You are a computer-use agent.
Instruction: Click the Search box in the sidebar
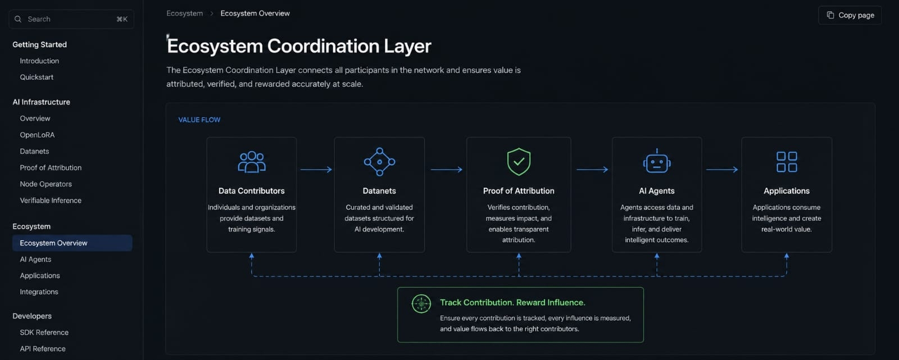(x=71, y=19)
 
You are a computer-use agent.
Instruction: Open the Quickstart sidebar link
(x=37, y=77)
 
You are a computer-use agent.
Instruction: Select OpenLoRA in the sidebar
(x=37, y=135)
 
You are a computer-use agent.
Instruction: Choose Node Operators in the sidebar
(x=46, y=184)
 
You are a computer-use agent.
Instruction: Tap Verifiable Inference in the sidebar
(x=51, y=200)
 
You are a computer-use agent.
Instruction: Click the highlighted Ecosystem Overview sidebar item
(x=72, y=243)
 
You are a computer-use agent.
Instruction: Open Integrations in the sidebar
(x=39, y=292)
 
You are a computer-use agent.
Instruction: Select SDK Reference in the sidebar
(x=44, y=332)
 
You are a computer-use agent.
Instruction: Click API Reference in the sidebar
(x=43, y=349)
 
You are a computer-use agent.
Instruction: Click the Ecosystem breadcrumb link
(x=185, y=13)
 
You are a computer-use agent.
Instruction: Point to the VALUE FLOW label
(x=199, y=120)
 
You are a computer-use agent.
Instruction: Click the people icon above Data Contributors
(x=252, y=162)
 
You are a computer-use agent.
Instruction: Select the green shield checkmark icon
(x=519, y=162)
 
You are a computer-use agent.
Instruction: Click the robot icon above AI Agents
(x=657, y=161)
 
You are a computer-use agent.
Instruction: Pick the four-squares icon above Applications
(x=787, y=162)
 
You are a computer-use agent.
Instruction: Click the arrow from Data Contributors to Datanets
(x=316, y=170)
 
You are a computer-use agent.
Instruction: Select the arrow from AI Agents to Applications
(x=722, y=170)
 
